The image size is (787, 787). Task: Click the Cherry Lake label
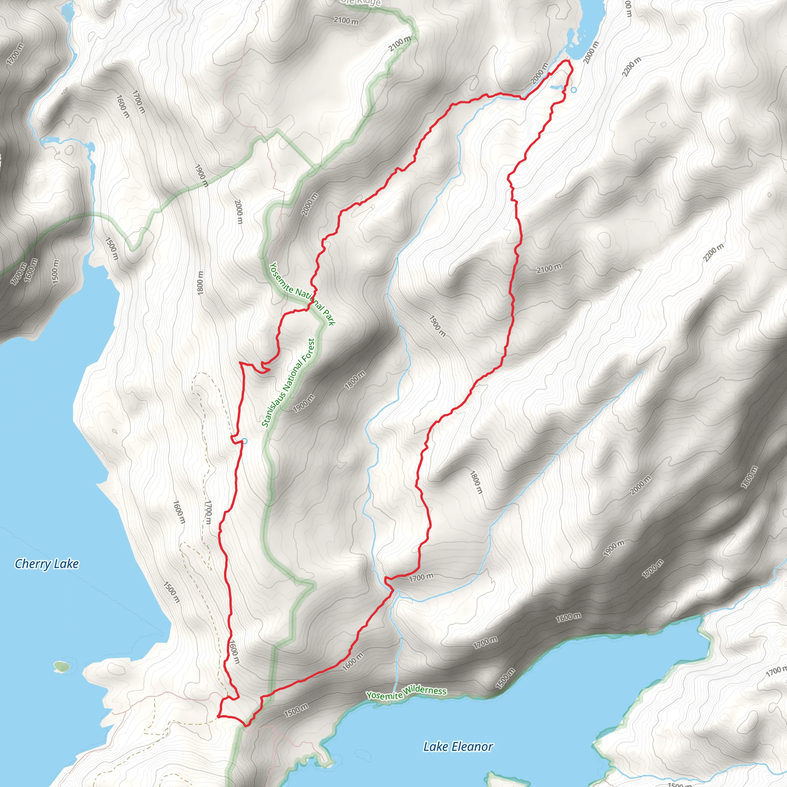(46, 564)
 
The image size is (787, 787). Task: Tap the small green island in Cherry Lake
(61, 666)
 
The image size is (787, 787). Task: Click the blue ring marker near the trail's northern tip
(574, 90)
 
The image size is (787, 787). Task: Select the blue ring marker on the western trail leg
(244, 441)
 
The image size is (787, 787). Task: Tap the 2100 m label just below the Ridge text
(346, 20)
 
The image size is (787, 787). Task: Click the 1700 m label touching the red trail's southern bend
(421, 577)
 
